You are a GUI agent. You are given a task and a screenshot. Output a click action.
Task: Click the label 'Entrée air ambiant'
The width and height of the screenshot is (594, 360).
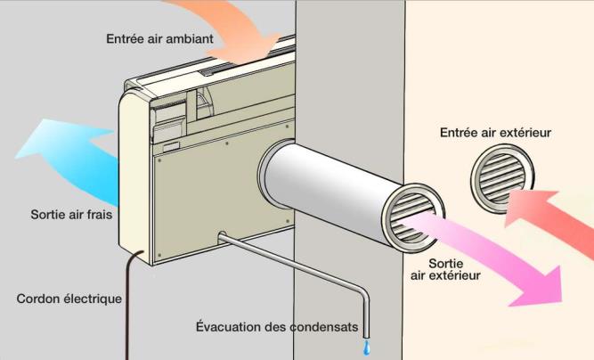[x=159, y=38]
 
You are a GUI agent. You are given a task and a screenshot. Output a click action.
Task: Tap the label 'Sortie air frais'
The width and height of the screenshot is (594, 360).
[x=71, y=215]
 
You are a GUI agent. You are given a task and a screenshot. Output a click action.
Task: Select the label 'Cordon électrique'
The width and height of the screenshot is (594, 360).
[x=69, y=299]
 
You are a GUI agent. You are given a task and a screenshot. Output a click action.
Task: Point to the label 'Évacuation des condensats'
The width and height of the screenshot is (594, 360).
[x=277, y=327]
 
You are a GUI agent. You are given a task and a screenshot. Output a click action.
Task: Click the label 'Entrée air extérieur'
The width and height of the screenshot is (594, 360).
[x=495, y=133]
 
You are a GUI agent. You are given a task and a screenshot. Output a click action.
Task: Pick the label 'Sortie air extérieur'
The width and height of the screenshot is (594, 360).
[x=445, y=269]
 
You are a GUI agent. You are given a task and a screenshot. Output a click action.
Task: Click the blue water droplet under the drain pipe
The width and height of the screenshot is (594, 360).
[x=366, y=348]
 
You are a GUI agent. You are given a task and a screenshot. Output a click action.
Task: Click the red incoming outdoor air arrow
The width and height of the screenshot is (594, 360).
[x=549, y=220]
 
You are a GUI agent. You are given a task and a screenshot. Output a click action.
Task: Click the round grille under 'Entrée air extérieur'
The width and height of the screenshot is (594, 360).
[x=502, y=178]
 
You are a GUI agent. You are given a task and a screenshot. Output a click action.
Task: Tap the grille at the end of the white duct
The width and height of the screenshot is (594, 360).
[x=413, y=218]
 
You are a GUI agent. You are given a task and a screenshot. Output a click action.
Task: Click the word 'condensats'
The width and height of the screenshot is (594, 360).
[x=324, y=327]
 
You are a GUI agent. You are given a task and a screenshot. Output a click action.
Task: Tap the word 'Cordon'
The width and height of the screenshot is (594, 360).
[x=38, y=299]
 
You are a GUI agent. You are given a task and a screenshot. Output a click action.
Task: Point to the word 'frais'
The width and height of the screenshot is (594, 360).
[x=99, y=215]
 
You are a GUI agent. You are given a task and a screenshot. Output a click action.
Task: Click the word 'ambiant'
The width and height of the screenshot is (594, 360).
[x=190, y=38]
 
